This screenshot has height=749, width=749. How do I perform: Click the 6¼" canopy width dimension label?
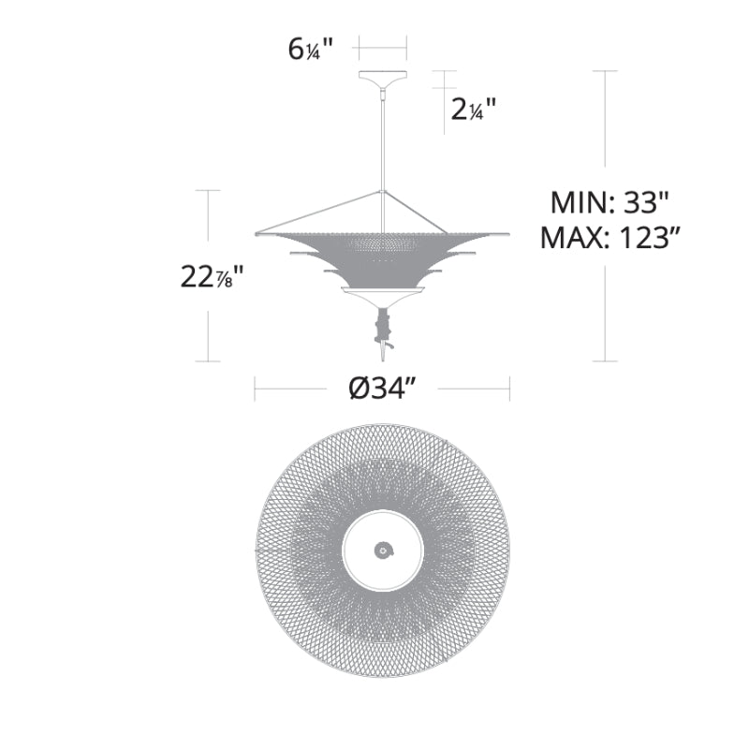(310, 49)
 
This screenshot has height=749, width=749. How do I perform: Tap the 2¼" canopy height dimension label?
(474, 110)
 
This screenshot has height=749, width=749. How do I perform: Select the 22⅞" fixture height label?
(213, 276)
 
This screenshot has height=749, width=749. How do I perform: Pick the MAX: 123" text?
(610, 237)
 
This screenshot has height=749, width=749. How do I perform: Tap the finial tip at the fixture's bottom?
(383, 356)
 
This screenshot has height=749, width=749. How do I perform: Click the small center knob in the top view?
(384, 551)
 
